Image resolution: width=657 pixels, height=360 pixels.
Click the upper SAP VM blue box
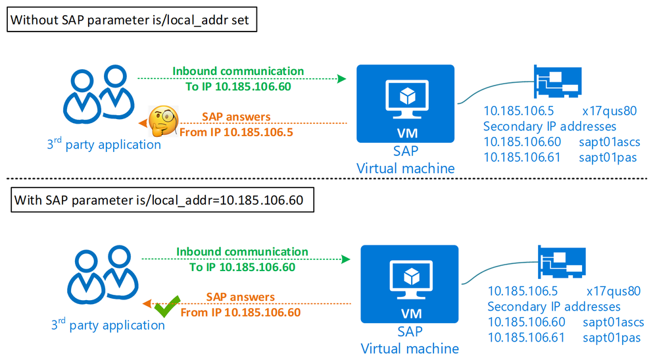pyautogui.click(x=405, y=103)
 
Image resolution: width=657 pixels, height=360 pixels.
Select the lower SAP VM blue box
pyautogui.click(x=410, y=284)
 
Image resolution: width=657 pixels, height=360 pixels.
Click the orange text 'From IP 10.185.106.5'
pyautogui.click(x=236, y=131)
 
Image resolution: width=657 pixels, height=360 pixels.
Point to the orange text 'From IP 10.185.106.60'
pyautogui.click(x=241, y=312)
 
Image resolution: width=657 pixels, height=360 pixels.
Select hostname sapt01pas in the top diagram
pyautogui.click(x=608, y=157)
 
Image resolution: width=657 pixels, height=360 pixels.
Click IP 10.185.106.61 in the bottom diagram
pyautogui.click(x=527, y=337)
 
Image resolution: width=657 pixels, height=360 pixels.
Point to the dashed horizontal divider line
pyautogui.click(x=328, y=178)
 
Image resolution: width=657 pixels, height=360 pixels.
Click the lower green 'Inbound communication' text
pyautogui.click(x=242, y=252)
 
